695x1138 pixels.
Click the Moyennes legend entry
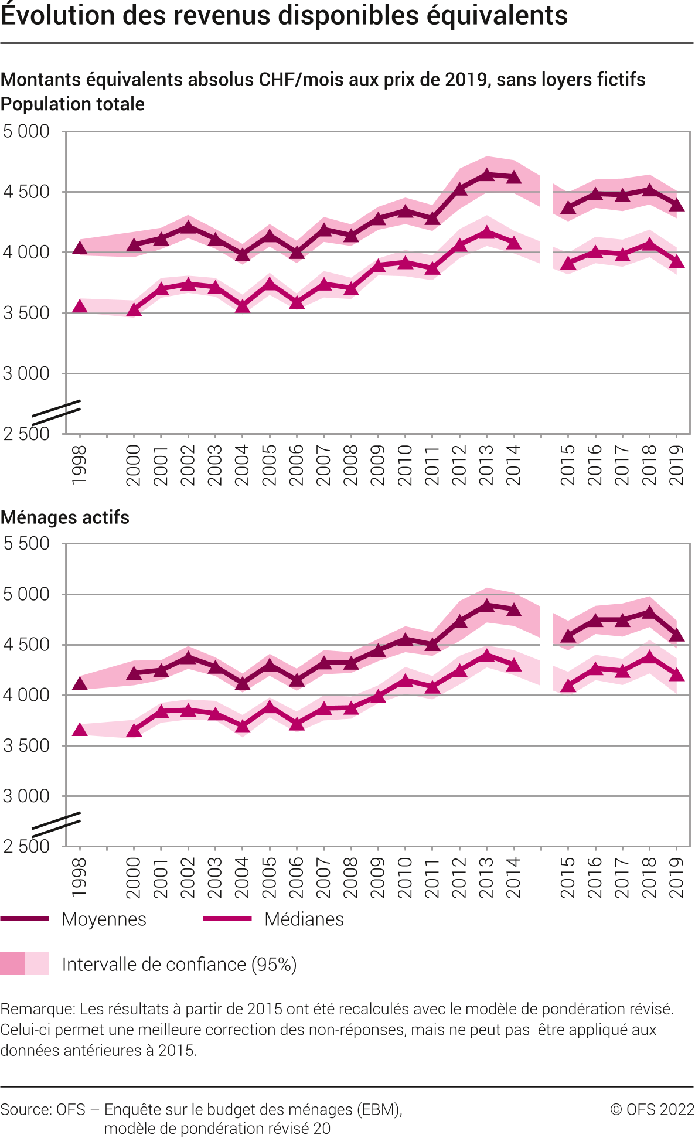point(104,919)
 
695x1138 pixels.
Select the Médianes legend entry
point(304,919)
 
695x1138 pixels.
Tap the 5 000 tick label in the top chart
point(26,131)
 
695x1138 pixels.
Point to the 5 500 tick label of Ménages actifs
point(26,543)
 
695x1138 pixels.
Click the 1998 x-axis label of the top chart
point(79,465)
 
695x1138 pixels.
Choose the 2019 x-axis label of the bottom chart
point(677,877)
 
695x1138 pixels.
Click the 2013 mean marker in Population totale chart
point(486,175)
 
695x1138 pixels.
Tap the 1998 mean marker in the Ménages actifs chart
point(80,683)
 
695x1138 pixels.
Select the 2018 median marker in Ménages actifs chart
point(649,657)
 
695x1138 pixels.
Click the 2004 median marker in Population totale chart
point(243,306)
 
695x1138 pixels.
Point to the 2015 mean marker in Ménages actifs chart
point(568,637)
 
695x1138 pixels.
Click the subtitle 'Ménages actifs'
point(65,517)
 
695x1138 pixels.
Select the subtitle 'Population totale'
point(73,104)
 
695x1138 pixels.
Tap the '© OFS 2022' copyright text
point(652,1109)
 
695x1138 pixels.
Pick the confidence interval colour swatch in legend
point(25,964)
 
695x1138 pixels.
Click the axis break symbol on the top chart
point(56,412)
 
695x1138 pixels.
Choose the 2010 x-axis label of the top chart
point(405,465)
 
